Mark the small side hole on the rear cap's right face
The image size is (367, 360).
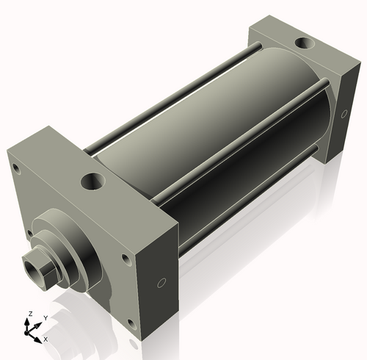point(345,113)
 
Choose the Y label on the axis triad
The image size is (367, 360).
point(46,319)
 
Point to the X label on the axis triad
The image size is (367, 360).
point(46,339)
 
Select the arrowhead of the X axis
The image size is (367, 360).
point(39,338)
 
